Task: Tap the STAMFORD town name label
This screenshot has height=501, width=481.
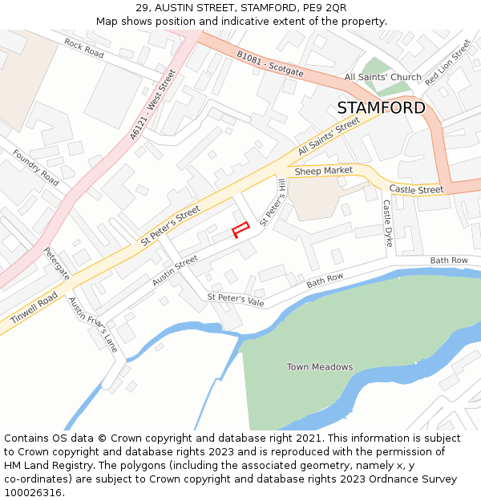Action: pyautogui.click(x=381, y=108)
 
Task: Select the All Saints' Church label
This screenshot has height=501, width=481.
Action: pyautogui.click(x=382, y=78)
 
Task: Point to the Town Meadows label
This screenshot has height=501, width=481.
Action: pyautogui.click(x=320, y=367)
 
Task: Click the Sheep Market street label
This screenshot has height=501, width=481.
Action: pyautogui.click(x=324, y=171)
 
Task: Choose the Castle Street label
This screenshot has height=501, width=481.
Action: pyautogui.click(x=416, y=190)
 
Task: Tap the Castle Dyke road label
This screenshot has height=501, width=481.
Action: pyautogui.click(x=387, y=224)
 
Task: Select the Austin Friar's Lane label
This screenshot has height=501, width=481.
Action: pyautogui.click(x=93, y=325)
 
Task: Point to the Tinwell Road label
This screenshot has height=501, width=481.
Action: pyautogui.click(x=34, y=308)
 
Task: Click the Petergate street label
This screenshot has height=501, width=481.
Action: pyautogui.click(x=58, y=263)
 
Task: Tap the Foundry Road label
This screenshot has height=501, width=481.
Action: pyautogui.click(x=36, y=167)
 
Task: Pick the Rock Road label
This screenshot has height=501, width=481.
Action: pyautogui.click(x=84, y=48)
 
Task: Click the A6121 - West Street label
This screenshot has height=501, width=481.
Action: pyautogui.click(x=152, y=105)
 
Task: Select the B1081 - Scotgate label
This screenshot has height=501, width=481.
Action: pyautogui.click(x=270, y=64)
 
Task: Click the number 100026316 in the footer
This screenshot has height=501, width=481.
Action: pyautogui.click(x=33, y=492)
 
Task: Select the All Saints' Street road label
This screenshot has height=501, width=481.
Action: pyautogui.click(x=329, y=138)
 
